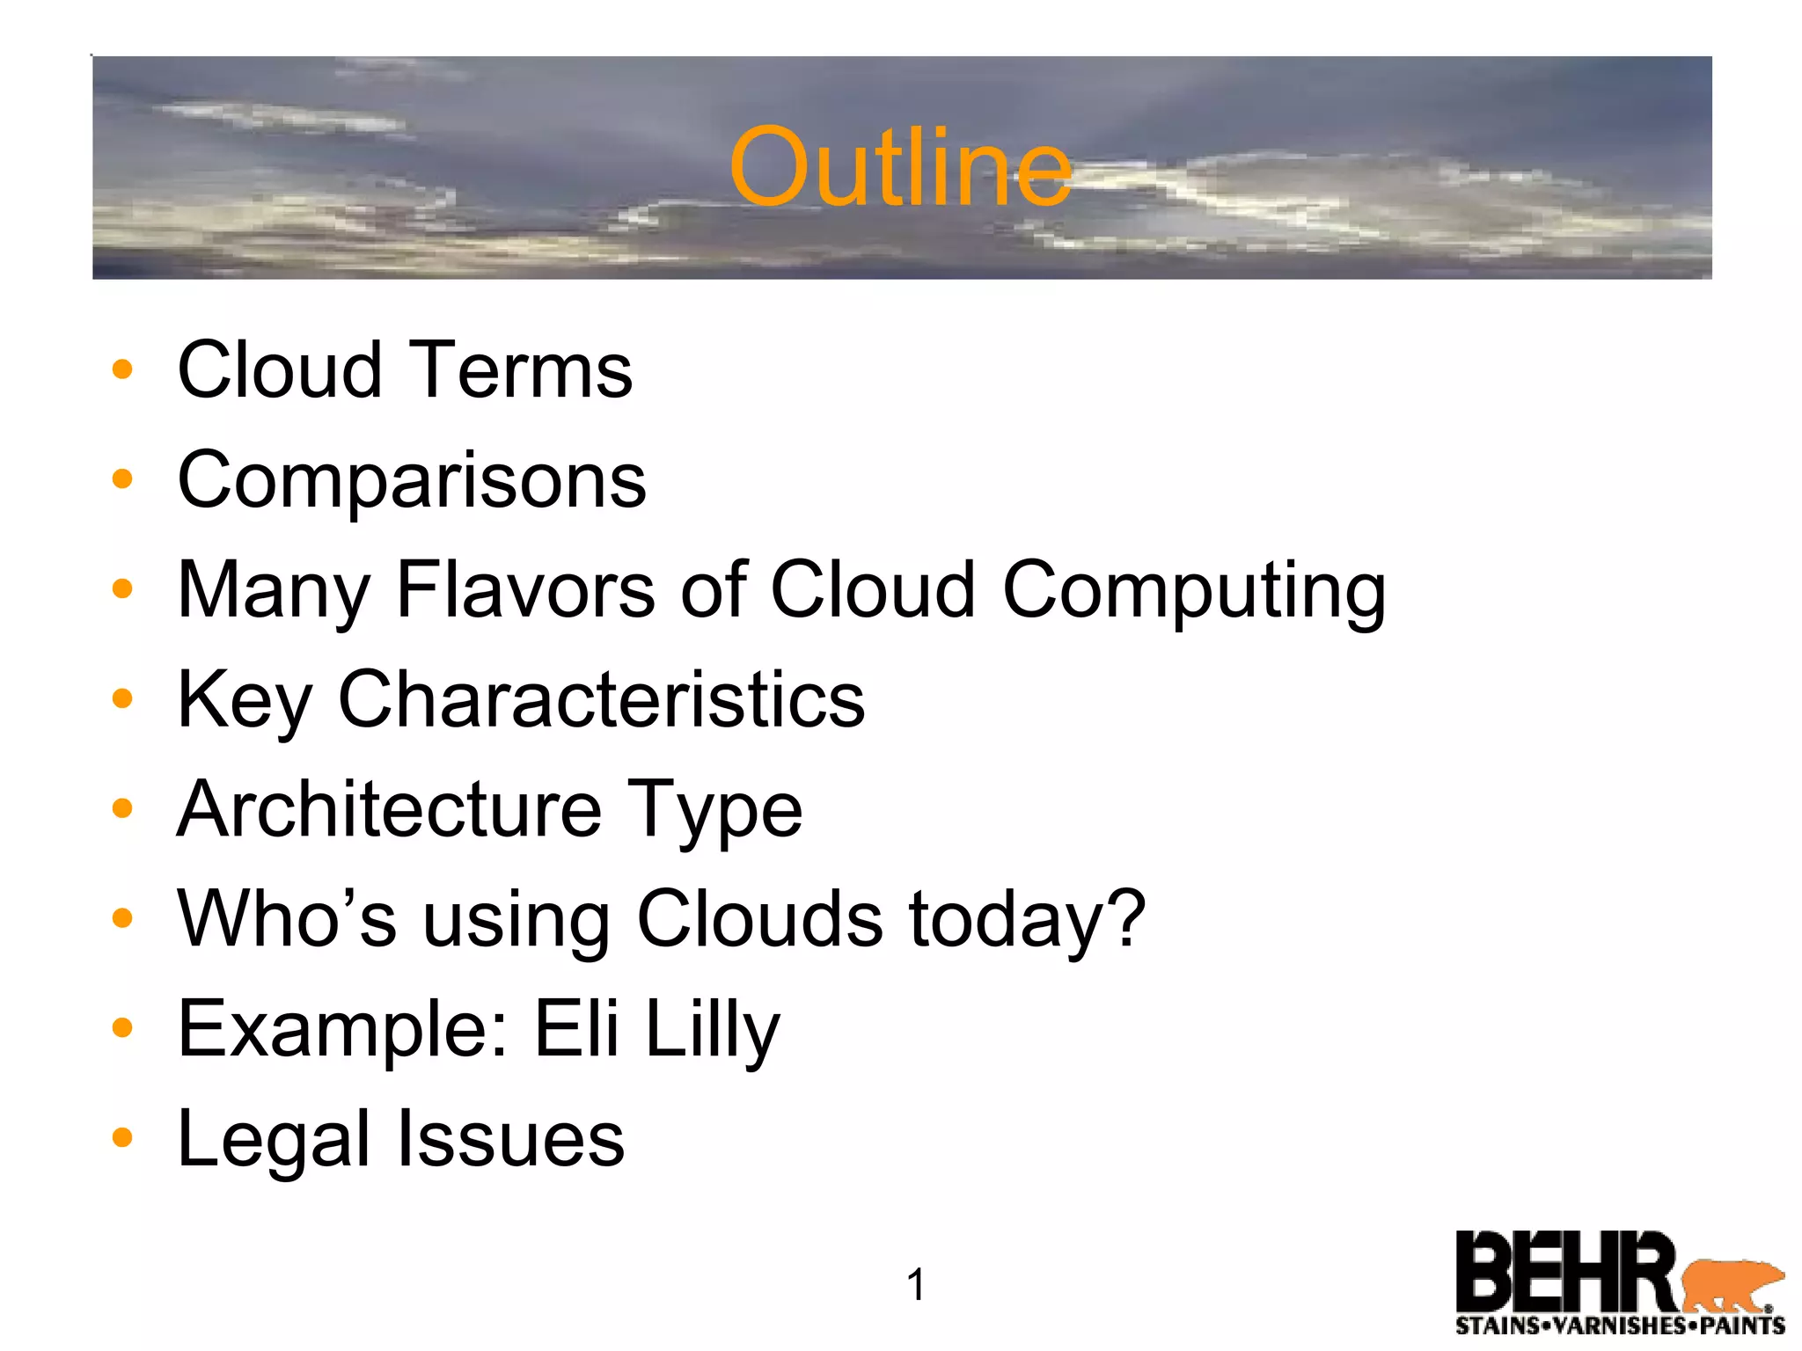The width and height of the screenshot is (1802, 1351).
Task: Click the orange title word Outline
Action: pos(900,167)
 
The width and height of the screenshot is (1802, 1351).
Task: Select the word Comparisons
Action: pos(412,481)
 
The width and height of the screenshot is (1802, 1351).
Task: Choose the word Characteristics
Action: pos(601,699)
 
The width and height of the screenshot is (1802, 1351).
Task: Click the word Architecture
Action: pos(389,809)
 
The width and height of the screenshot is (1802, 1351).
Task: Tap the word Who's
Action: pos(287,919)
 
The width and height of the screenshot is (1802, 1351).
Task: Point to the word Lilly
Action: pos(712,1029)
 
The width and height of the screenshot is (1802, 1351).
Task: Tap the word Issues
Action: pos(511,1139)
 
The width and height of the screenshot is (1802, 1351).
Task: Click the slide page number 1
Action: pos(915,1285)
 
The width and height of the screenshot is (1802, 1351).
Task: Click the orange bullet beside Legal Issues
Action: pos(122,1138)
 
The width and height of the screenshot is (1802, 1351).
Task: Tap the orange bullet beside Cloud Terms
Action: pos(122,369)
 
